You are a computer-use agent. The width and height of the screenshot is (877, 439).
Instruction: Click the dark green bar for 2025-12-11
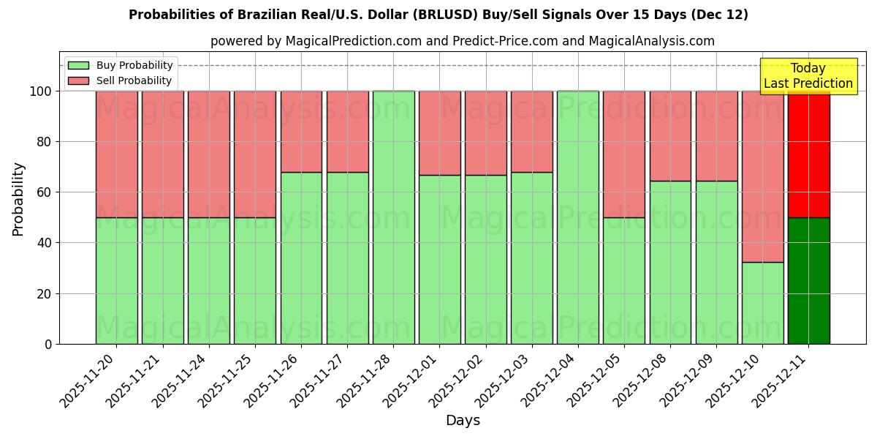[808, 280]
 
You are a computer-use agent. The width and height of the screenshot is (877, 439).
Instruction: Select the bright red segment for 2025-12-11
[808, 154]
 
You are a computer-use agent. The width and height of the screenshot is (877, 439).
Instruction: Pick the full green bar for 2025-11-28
[393, 217]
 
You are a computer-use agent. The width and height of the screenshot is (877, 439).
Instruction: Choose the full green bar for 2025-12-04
[577, 217]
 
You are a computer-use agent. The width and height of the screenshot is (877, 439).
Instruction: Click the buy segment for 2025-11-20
[116, 280]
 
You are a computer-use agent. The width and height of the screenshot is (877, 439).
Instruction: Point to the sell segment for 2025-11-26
[301, 132]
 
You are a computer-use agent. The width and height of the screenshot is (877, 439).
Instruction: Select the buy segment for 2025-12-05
[623, 280]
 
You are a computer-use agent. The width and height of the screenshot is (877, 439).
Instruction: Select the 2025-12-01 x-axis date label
[411, 384]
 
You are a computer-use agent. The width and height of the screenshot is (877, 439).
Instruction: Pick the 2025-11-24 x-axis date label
[181, 384]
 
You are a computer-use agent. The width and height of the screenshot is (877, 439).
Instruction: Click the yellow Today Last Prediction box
[808, 76]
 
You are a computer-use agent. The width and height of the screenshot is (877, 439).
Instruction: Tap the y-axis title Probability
[18, 199]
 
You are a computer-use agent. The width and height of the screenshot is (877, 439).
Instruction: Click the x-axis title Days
[463, 421]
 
